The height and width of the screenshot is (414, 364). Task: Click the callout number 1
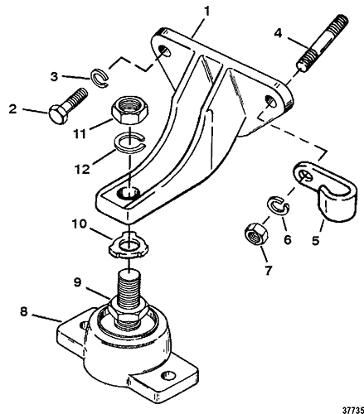pos(206,12)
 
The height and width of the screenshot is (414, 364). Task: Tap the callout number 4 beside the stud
pos(278,33)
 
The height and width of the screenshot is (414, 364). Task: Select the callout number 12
pos(82,169)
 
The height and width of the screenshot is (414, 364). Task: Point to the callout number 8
pos(24,312)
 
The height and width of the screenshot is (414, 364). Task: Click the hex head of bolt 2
pos(58,114)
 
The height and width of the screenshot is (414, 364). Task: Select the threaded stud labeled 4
pos(323,44)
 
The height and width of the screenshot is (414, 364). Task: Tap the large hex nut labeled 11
pos(130,110)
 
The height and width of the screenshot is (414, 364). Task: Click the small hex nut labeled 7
pos(256,235)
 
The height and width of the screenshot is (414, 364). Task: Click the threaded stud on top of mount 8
pos(129,288)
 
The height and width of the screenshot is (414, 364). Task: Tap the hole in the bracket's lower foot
pos(129,194)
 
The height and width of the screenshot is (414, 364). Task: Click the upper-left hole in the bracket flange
pos(165,51)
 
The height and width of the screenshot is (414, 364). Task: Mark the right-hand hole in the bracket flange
pos(270,101)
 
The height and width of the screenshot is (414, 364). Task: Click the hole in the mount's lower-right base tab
pos(168,375)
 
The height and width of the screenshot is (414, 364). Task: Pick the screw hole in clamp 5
pos(304,175)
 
